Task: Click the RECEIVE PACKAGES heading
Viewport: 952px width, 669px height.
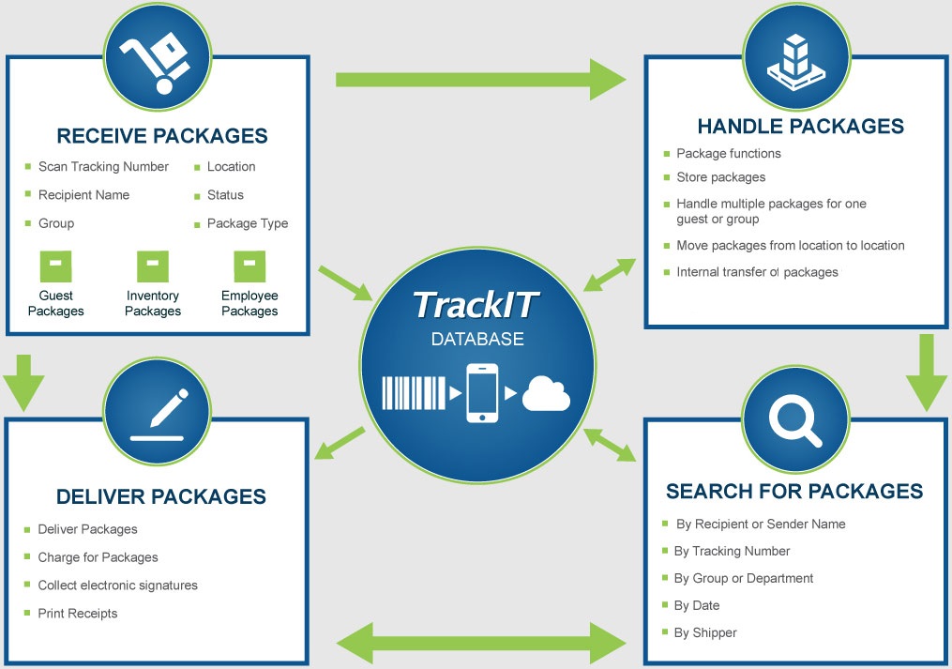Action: click(161, 136)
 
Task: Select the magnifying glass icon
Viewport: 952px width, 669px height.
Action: click(793, 419)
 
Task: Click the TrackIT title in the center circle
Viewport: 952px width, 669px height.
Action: click(476, 305)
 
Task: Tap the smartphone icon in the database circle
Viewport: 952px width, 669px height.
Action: click(482, 393)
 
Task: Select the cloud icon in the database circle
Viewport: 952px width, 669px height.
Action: click(546, 393)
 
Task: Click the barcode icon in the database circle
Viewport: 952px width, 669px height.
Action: click(414, 393)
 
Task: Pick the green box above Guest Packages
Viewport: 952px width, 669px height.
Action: click(55, 266)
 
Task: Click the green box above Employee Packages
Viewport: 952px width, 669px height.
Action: click(249, 266)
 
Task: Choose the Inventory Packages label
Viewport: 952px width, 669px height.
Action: click(153, 303)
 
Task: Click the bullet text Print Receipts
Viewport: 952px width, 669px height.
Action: click(78, 614)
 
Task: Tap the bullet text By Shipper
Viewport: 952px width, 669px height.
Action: click(705, 632)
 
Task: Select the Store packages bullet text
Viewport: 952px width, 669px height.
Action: click(720, 177)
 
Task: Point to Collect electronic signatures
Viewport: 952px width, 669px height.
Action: click(117, 585)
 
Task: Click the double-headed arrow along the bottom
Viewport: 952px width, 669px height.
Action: click(481, 643)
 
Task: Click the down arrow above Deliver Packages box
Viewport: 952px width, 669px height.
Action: click(23, 381)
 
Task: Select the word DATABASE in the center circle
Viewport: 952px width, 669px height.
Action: click(477, 339)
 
